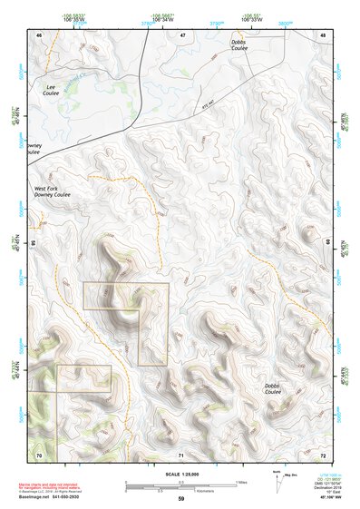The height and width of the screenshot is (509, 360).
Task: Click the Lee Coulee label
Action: coord(52,90)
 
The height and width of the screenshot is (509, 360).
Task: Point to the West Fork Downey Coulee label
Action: coord(52,191)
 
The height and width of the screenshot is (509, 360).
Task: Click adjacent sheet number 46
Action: coord(39,34)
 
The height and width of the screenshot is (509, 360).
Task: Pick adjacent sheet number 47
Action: coord(182,34)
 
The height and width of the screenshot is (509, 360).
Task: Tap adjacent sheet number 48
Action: coord(324,34)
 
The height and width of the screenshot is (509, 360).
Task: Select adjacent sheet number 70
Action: coord(39,453)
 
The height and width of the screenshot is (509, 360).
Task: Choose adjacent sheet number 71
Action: coord(181,453)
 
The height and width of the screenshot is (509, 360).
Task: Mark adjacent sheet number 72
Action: coord(324,453)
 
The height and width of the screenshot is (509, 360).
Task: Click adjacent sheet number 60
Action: coord(326,243)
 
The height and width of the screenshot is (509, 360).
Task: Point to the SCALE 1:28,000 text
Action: coord(180,474)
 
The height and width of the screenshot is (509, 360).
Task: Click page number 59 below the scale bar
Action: coord(180,499)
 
